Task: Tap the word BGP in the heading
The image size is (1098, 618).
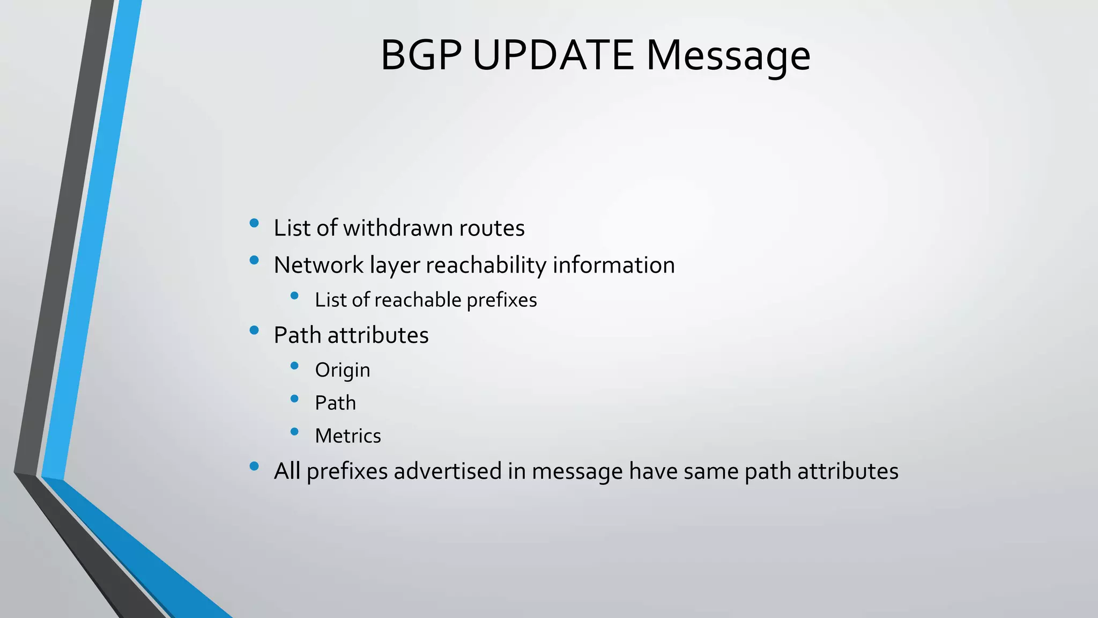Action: pos(421,55)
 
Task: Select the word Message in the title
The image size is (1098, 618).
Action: pos(728,56)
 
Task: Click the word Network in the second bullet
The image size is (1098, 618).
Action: pos(318,265)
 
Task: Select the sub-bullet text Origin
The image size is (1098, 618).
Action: pos(343,371)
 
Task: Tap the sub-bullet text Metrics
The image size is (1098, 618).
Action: pos(348,436)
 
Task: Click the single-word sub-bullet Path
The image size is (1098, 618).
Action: pos(335,403)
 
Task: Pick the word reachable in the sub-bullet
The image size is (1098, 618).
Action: pos(418,300)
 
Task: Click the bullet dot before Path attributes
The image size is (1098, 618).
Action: pos(254,330)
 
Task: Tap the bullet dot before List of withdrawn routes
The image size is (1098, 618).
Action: pos(254,223)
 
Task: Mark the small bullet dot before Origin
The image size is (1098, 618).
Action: pos(294,366)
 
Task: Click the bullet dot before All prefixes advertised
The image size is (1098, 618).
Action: pos(254,466)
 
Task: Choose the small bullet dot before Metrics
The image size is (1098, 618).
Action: pos(294,431)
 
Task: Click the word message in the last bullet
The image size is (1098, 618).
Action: pos(577,472)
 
